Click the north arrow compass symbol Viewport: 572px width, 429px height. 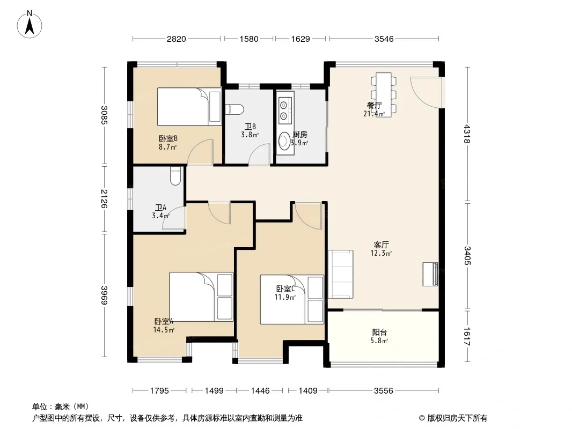(x=30, y=25)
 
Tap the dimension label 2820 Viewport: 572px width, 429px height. (x=176, y=39)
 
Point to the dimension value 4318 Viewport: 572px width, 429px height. (x=467, y=134)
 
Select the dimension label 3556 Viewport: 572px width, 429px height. (x=384, y=391)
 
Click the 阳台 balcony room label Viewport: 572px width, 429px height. (x=379, y=332)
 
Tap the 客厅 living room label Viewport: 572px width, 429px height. (x=381, y=245)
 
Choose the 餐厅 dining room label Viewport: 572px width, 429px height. (x=375, y=105)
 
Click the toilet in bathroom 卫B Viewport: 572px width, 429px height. (x=234, y=109)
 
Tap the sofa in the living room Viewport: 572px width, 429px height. (x=340, y=274)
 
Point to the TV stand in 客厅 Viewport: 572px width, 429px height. (x=430, y=274)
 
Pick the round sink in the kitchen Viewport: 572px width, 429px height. (x=283, y=142)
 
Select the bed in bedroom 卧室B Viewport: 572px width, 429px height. (x=189, y=106)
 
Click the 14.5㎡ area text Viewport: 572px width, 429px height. (x=164, y=330)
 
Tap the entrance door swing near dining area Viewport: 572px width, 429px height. (x=427, y=92)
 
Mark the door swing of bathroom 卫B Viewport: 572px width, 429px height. (x=259, y=154)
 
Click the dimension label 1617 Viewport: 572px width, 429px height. (x=467, y=337)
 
